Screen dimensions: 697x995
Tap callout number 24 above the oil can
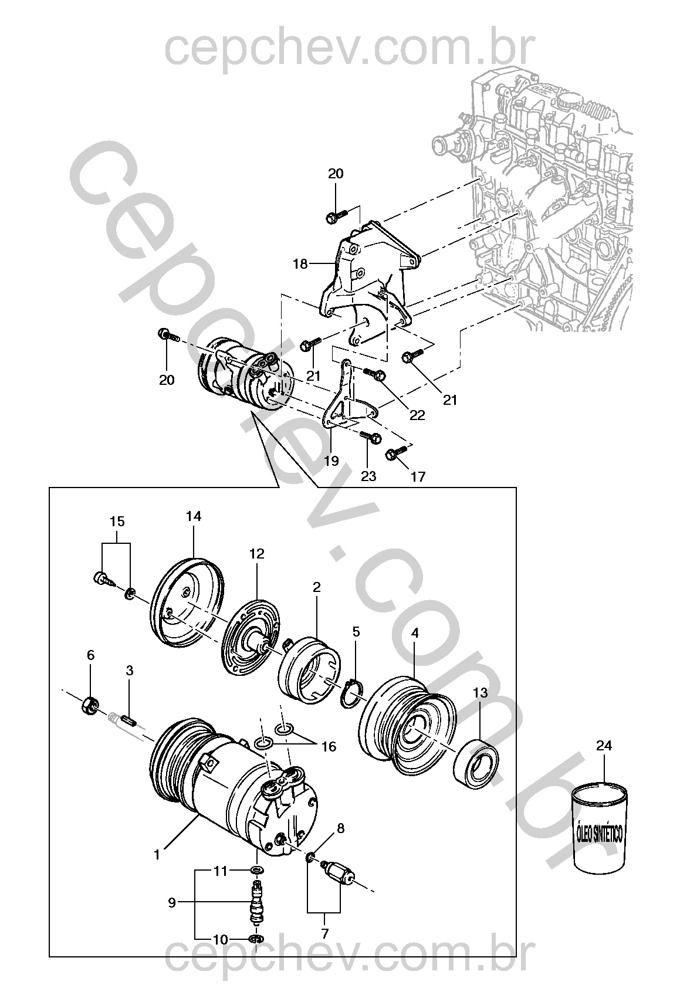pos(604,709)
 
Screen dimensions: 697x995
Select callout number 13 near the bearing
pos(481,692)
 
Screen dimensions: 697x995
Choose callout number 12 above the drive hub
pos(257,553)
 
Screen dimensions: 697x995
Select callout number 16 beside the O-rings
pos(329,746)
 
